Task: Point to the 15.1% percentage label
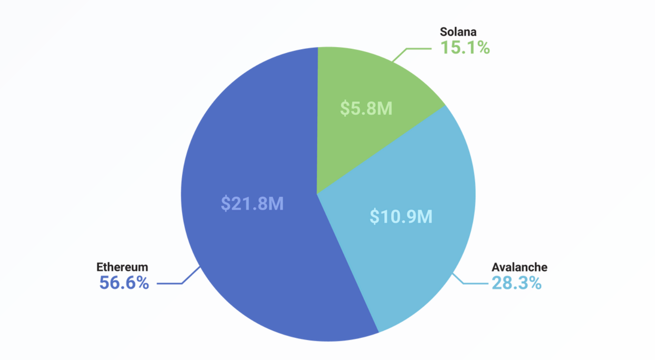[465, 48]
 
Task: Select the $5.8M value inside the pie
[366, 109]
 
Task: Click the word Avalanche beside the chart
[519, 267]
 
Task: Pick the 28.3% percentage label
[516, 283]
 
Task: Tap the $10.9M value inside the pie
[401, 217]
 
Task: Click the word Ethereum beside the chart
[122, 267]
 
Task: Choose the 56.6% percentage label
[124, 283]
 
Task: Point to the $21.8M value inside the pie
[252, 204]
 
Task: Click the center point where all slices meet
[317, 194]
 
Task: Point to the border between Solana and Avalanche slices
[381, 150]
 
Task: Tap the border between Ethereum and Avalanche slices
[348, 263]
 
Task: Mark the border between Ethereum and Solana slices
[318, 120]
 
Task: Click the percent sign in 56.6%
[141, 283]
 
